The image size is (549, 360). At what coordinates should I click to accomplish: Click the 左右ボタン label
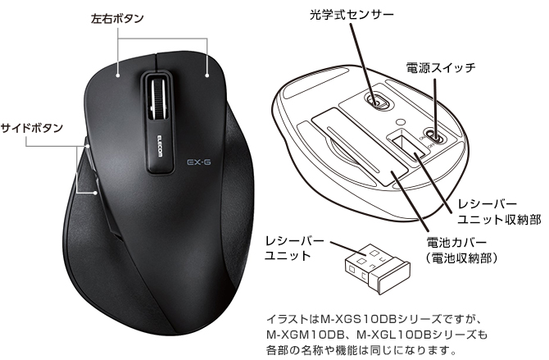point(117,18)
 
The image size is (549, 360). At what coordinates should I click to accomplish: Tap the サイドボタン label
point(31,128)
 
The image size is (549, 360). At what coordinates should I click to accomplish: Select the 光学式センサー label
point(352,15)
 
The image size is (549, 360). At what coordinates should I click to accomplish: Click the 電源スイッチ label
point(441,67)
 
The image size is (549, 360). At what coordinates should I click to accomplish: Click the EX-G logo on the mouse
point(198,162)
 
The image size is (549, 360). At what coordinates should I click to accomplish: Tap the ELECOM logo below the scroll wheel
point(160,145)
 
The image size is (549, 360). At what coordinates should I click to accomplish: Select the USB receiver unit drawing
point(377,268)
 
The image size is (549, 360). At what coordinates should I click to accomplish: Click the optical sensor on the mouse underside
point(376,100)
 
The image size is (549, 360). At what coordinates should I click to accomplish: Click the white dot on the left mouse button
point(118,75)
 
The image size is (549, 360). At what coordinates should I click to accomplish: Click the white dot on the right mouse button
point(207,75)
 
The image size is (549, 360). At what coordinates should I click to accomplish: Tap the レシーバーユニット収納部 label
point(499,212)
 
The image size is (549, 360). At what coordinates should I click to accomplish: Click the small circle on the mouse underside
point(400,122)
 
